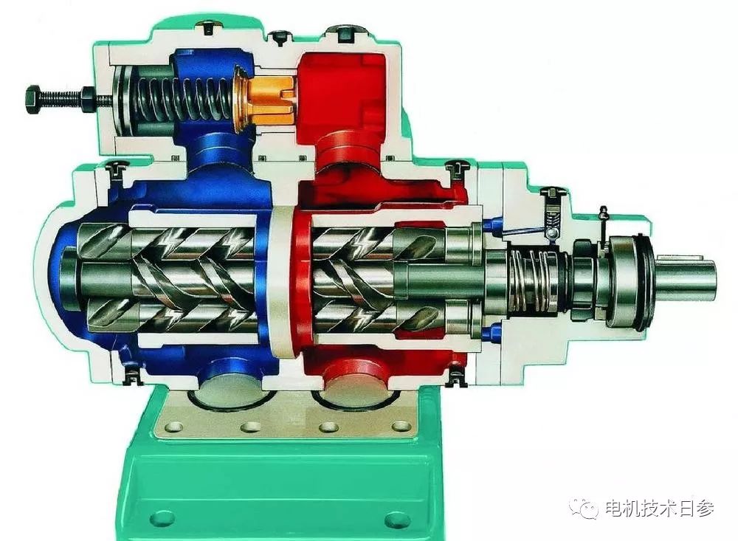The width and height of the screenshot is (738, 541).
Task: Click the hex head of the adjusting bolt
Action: point(34,99)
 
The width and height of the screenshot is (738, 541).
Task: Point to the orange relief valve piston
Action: point(269,98)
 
